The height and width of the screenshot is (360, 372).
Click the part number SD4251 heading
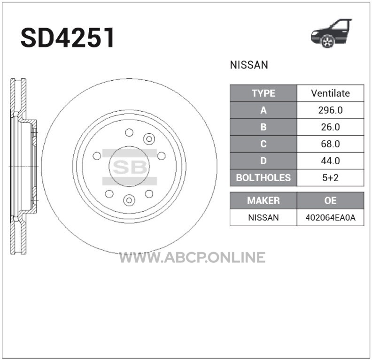click(x=68, y=38)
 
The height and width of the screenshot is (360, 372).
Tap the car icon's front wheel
click(x=327, y=41)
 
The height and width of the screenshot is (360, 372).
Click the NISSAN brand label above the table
click(x=249, y=65)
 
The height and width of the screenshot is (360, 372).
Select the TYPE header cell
click(x=263, y=93)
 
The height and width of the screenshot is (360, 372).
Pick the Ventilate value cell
click(x=330, y=93)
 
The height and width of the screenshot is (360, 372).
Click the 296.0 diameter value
click(x=330, y=110)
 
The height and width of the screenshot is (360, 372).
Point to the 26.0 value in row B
click(x=330, y=127)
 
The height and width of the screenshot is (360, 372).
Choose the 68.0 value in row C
click(x=330, y=144)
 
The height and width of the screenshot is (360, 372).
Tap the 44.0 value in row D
click(x=330, y=161)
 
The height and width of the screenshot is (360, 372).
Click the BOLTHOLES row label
click(x=263, y=178)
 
